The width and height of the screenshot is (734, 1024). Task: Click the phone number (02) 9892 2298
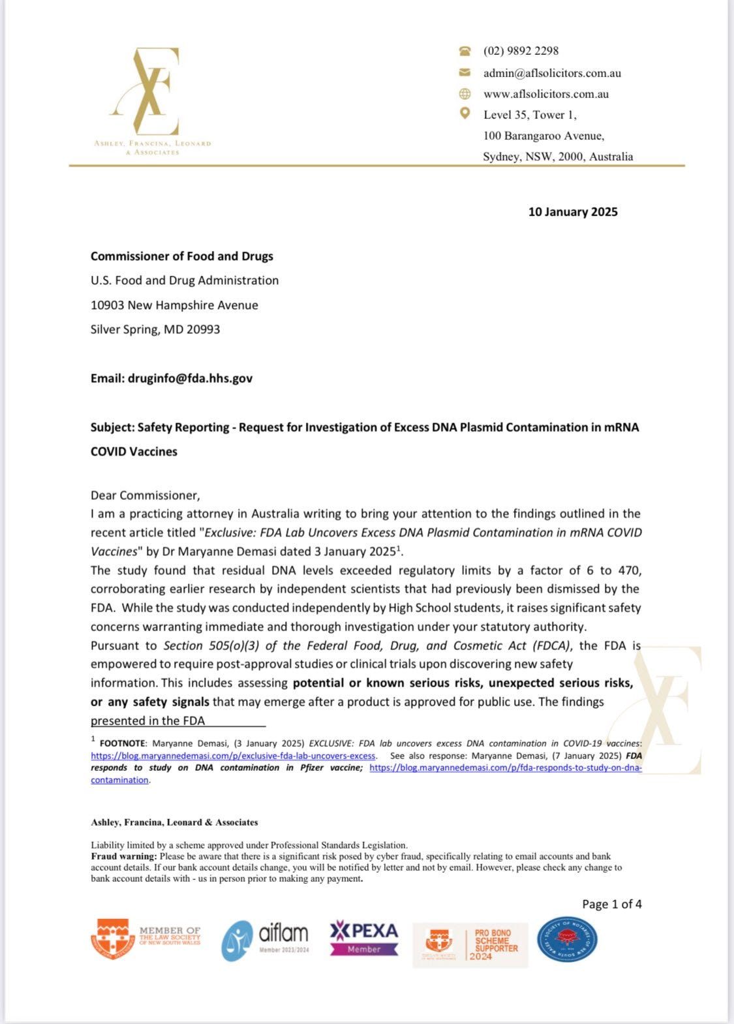coord(521,51)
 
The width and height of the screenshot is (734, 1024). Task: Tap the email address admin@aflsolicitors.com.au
coord(552,73)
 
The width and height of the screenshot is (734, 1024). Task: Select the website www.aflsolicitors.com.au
coord(545,94)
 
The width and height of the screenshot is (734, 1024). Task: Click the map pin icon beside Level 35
coord(465,114)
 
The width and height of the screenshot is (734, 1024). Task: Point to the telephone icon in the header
coord(465,51)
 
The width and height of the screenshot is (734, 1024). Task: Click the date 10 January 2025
coord(572,212)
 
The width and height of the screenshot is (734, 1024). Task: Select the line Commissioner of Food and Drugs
coord(181,256)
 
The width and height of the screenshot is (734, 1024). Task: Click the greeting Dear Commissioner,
coord(145,495)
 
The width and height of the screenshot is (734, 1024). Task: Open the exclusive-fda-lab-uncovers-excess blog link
coord(233,756)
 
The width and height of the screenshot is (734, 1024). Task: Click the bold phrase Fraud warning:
coord(124,856)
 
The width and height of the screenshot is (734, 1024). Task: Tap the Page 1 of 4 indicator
coord(611,904)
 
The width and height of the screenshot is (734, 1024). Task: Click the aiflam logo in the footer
coord(265,940)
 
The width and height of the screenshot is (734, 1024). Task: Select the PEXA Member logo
coord(363,939)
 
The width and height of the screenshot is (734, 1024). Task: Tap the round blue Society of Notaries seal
coord(566,939)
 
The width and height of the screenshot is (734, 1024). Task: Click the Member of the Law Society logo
coord(145,940)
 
